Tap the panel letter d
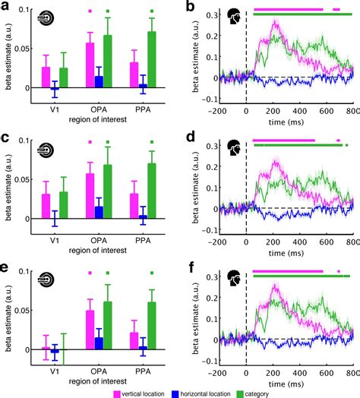tap(190, 138)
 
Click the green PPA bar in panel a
tap(153, 60)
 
